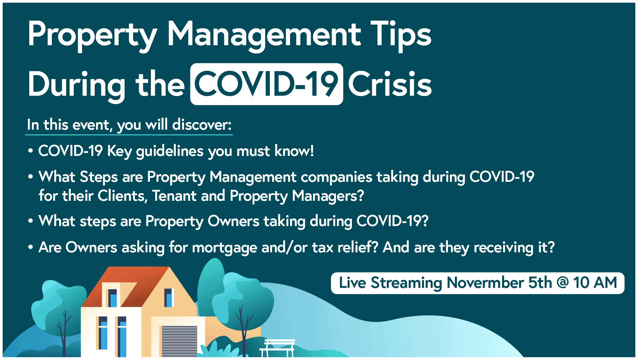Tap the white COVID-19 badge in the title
(266, 84)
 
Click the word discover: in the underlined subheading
(202, 125)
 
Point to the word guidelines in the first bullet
(170, 151)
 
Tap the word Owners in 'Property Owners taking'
(233, 221)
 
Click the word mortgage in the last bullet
(225, 248)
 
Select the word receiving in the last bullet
(503, 248)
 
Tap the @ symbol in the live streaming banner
(563, 283)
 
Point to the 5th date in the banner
(540, 283)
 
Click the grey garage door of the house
(179, 341)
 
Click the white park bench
(277, 348)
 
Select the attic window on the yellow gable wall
(169, 298)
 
